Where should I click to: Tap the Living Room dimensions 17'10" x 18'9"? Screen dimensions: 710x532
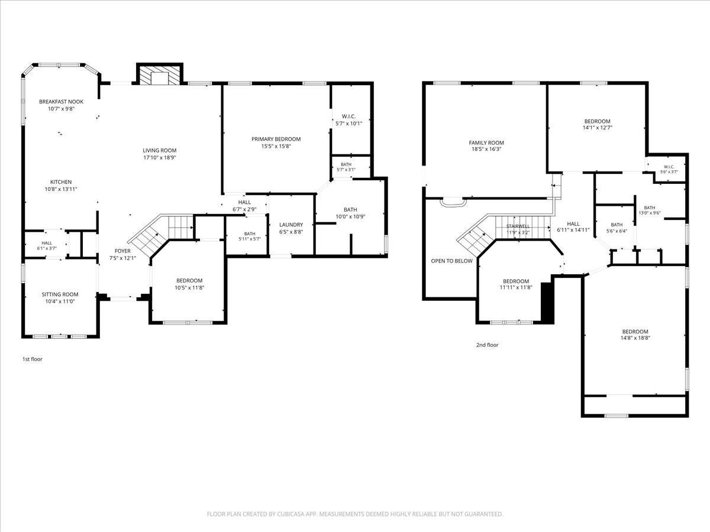click(x=160, y=158)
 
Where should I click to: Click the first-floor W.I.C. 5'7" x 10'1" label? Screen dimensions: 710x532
click(x=348, y=120)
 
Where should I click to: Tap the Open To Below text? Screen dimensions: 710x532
click(x=451, y=261)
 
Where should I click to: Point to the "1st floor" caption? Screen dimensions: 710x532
click(x=33, y=359)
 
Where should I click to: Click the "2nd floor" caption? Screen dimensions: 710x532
click(x=487, y=345)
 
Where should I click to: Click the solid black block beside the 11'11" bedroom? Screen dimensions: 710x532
click(x=548, y=303)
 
